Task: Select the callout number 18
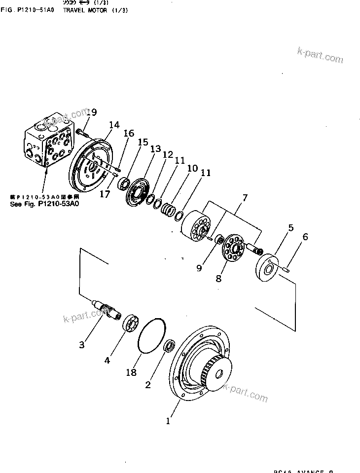(131, 372)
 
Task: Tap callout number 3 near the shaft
(82, 345)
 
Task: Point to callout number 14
(114, 125)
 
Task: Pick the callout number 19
(91, 113)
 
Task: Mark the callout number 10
(192, 169)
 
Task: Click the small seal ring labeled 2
(169, 346)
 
